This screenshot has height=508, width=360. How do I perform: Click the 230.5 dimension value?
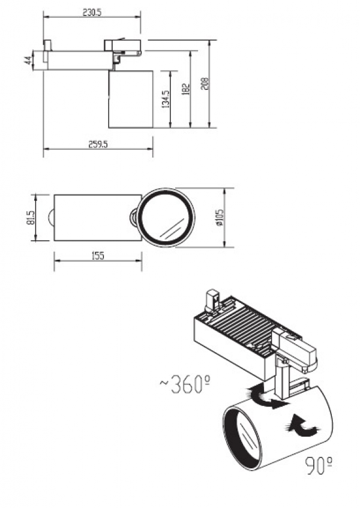pyautogui.click(x=92, y=13)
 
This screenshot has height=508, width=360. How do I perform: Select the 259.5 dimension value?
pyautogui.click(x=98, y=145)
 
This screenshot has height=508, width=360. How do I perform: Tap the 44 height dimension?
pyautogui.click(x=28, y=60)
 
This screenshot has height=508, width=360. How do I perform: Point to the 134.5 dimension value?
pyautogui.click(x=165, y=99)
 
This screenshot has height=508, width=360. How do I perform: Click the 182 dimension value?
pyautogui.click(x=185, y=89)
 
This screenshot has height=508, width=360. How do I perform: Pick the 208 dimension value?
pyautogui.click(x=205, y=83)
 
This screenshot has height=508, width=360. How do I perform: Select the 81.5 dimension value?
pyautogui.click(x=31, y=218)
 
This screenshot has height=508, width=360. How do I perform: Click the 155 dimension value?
pyautogui.click(x=98, y=256)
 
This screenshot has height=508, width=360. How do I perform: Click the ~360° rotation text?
pyautogui.click(x=185, y=384)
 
